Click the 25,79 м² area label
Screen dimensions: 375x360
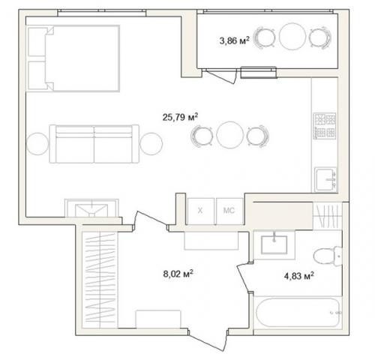pos(180,117)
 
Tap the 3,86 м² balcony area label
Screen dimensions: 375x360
pos(234,40)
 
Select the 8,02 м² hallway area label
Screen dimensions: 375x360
pos(178,274)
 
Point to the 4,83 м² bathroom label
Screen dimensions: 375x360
pos(299,276)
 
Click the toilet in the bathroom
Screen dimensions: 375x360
pos(328,256)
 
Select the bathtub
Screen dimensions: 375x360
pos(298,313)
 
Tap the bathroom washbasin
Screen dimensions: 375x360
pos(274,244)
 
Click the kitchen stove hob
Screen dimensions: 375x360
pos(325,126)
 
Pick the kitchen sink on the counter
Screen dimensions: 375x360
pos(325,179)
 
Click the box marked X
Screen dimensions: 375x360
pos(201,211)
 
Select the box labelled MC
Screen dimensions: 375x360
pos(229,211)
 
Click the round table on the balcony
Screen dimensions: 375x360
pos(292,37)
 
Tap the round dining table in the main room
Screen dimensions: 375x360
pos(229,135)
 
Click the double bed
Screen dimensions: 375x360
pos(73,58)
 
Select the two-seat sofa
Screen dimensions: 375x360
pos(94,144)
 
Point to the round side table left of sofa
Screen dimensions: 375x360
pos(37,144)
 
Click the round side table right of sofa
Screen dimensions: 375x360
pos(151,144)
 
